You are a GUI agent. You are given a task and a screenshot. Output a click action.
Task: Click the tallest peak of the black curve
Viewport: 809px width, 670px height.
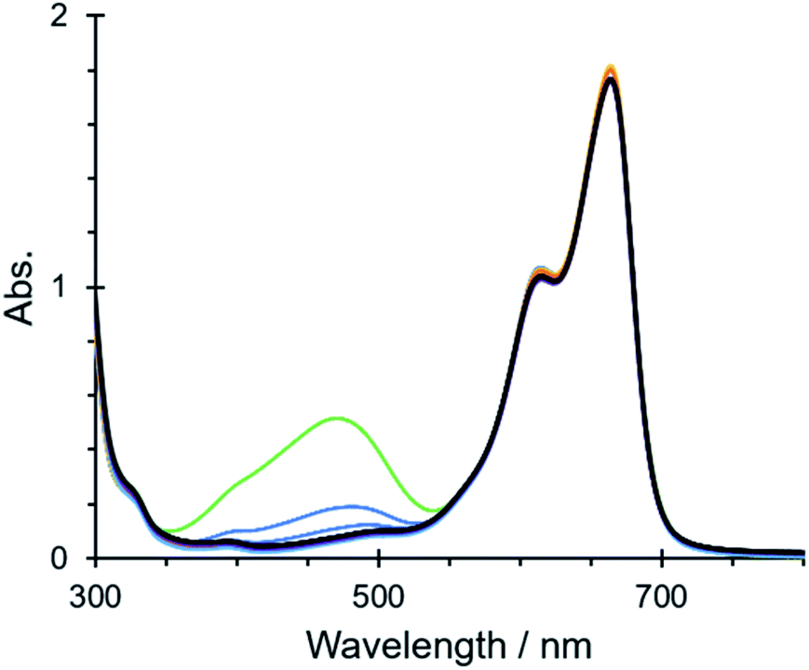pos(611,78)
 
